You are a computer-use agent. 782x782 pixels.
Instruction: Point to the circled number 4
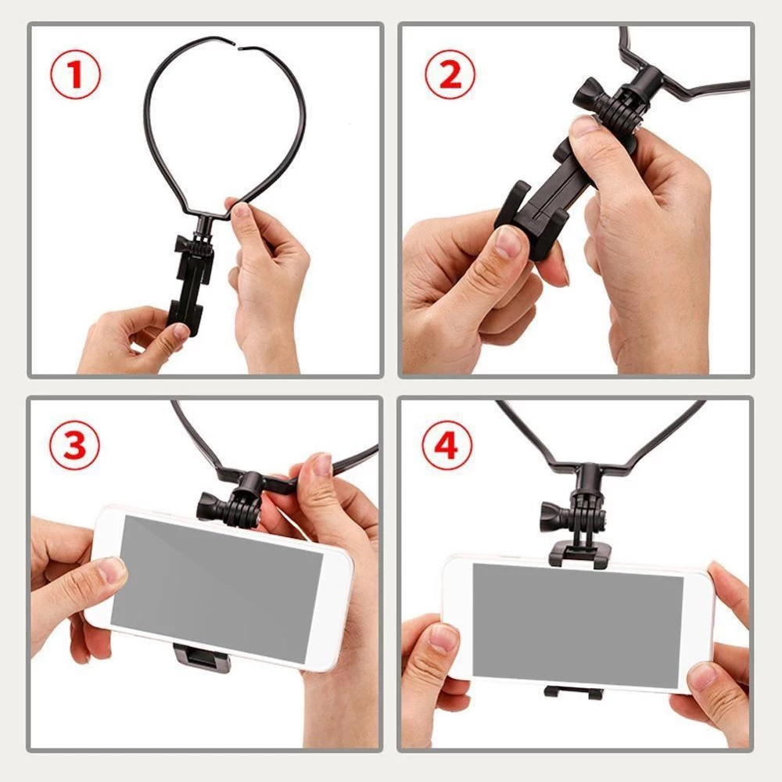coord(447,445)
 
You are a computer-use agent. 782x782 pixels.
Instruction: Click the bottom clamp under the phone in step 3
coord(202,658)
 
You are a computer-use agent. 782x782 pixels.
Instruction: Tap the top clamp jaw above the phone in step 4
coord(579,554)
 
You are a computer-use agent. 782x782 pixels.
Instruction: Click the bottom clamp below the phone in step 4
coord(574,692)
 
